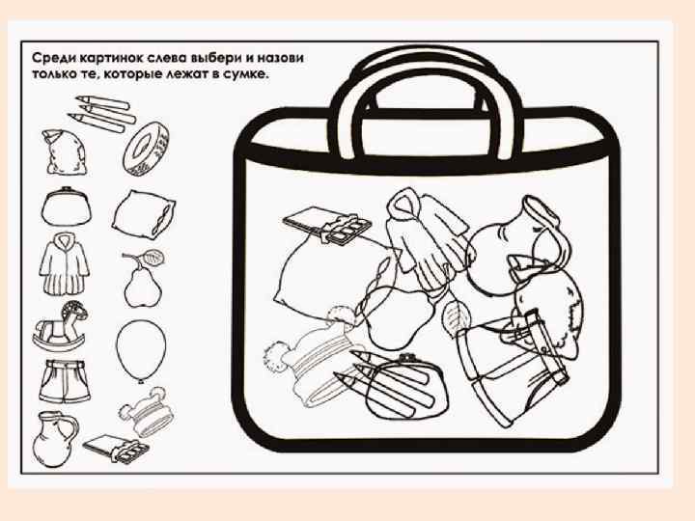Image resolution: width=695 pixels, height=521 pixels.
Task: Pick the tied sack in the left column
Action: click(x=64, y=151)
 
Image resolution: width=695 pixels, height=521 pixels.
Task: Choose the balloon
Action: click(x=141, y=349)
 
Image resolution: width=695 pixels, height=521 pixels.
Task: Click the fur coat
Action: click(x=65, y=264)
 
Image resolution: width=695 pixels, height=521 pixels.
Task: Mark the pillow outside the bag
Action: click(x=144, y=214)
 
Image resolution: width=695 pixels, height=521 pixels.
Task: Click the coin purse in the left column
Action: click(x=66, y=207)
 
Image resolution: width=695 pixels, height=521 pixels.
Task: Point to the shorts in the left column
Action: click(x=65, y=381)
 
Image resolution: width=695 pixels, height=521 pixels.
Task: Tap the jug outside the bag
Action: click(x=54, y=439)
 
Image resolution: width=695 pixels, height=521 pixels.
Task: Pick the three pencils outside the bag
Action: click(x=102, y=113)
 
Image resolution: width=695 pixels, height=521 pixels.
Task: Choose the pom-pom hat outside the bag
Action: click(x=147, y=413)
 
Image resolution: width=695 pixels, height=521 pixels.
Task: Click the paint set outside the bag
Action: click(x=116, y=449)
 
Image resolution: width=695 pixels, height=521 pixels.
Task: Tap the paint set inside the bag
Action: click(x=327, y=224)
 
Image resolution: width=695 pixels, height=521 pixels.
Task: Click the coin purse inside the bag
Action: click(x=405, y=385)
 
